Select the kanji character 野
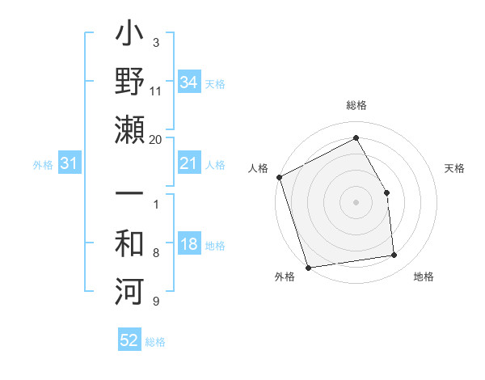(x=129, y=83)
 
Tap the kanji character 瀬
(x=129, y=129)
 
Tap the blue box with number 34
(x=189, y=82)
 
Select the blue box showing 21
(x=189, y=164)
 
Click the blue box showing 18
(x=189, y=245)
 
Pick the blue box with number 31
(x=70, y=164)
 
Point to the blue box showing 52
(x=129, y=341)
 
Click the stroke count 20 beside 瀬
(x=155, y=139)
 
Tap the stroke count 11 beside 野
(x=155, y=91)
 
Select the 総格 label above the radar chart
(x=356, y=105)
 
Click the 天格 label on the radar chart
(x=455, y=168)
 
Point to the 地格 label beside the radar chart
(x=424, y=277)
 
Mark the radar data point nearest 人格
(x=279, y=176)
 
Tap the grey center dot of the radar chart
(x=356, y=202)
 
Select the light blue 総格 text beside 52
(x=155, y=342)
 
